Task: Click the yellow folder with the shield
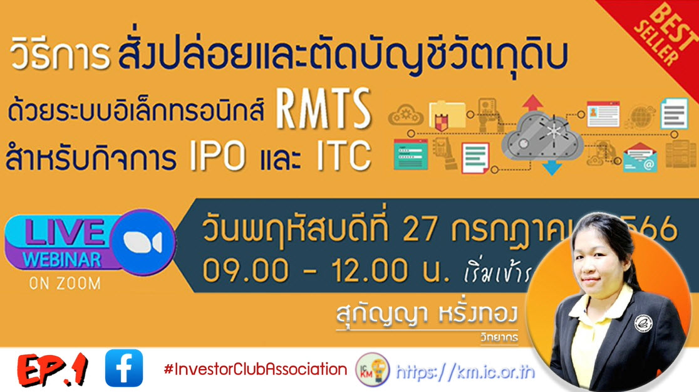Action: coord(447,115)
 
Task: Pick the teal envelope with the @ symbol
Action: coord(639,157)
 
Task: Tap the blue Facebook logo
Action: coord(124,368)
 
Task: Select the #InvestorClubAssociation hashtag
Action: coord(255,369)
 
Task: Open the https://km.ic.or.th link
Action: coord(465,372)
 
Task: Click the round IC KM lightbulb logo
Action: coord(372,369)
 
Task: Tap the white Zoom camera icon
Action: coord(143,242)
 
